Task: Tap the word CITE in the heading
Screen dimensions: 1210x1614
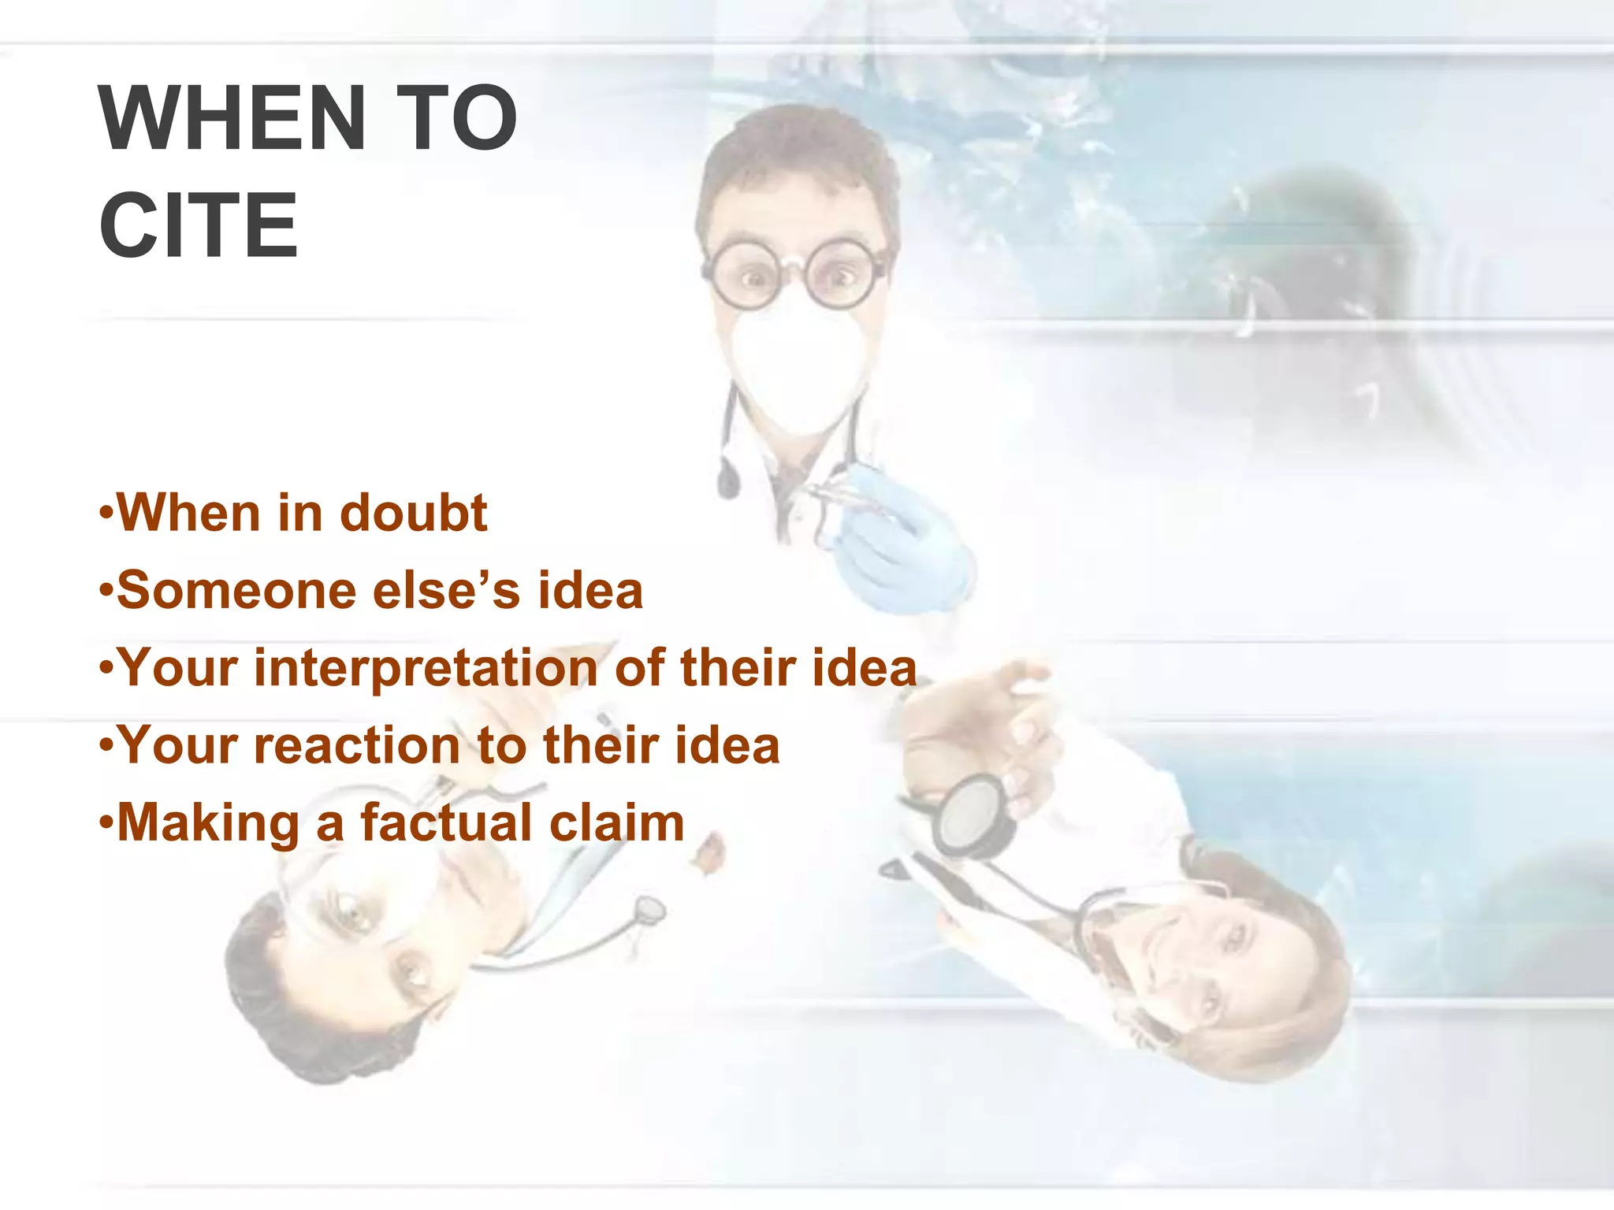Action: click(199, 225)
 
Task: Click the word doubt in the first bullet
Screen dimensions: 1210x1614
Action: click(414, 514)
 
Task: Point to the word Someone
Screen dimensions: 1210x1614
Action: click(236, 591)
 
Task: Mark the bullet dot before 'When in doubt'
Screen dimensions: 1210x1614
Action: click(106, 514)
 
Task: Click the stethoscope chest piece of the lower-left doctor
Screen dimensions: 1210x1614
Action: click(650, 910)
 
